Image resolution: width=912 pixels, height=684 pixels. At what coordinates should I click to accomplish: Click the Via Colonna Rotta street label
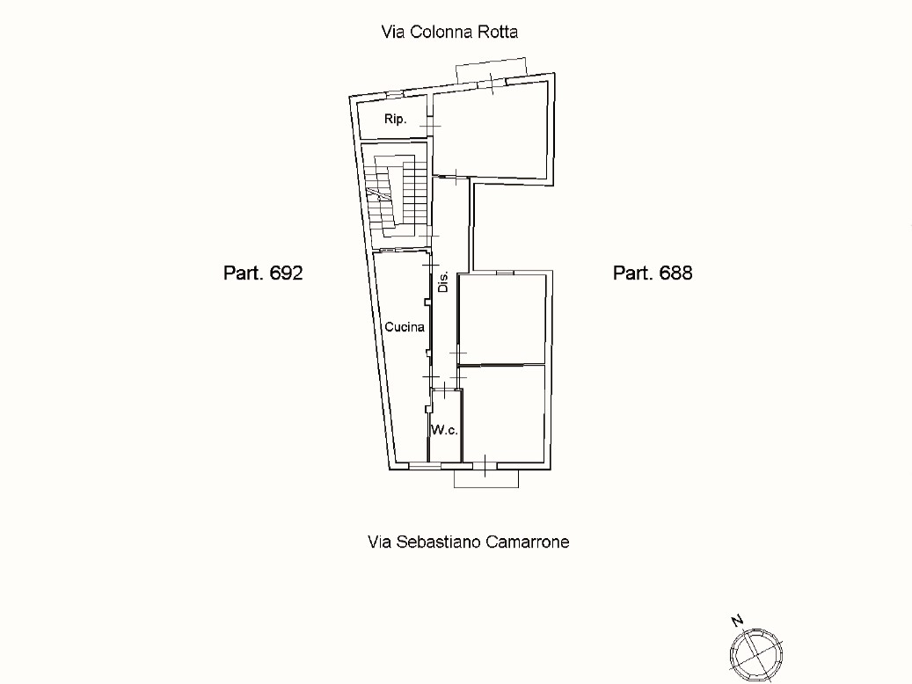[449, 32]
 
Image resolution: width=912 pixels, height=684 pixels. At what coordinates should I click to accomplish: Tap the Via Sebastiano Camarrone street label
[468, 542]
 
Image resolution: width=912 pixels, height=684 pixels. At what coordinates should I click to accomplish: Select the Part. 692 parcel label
[263, 273]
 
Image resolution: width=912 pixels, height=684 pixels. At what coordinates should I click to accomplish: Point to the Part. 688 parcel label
[653, 273]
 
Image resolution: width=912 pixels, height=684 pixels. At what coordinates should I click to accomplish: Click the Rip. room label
[395, 120]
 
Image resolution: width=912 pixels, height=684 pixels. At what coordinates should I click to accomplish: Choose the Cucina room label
[405, 327]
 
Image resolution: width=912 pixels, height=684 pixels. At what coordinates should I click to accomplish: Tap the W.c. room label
[444, 430]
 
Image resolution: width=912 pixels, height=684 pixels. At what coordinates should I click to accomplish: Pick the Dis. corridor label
[443, 281]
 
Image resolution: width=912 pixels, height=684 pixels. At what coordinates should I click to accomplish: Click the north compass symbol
[756, 656]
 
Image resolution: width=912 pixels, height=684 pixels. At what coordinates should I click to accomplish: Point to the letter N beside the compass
[737, 621]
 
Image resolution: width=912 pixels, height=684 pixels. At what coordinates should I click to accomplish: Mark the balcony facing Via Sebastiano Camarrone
[486, 478]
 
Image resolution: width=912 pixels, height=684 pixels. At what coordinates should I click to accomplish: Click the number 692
[286, 273]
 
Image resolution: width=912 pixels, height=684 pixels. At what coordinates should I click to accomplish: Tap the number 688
[675, 273]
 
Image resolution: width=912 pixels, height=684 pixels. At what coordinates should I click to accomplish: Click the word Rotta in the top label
[498, 32]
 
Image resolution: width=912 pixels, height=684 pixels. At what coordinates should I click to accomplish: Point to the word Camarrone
[528, 542]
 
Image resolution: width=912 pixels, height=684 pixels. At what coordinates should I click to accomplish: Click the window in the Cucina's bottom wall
[425, 466]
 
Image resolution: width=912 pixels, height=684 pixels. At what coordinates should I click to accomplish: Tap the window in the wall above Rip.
[395, 94]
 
